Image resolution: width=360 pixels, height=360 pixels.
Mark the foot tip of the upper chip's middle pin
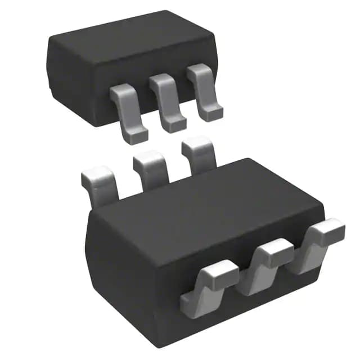click(x=175, y=125)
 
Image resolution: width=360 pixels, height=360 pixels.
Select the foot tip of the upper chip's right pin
click(x=213, y=114)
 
